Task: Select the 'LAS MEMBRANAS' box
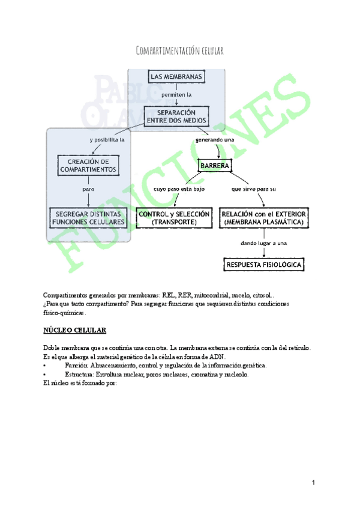[x=177, y=77]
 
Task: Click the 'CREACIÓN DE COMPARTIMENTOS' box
[x=88, y=165]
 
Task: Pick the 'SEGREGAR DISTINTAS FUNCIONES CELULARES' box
[x=89, y=217]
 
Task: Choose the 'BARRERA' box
[x=215, y=164]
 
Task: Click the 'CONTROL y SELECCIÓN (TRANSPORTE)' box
[x=175, y=217]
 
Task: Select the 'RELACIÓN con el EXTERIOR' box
[x=264, y=217]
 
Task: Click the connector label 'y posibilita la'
[x=106, y=140]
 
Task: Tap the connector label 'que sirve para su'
[x=253, y=189]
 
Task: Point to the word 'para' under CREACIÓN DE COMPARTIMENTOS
[x=88, y=189]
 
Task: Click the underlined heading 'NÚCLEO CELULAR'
[x=75, y=330]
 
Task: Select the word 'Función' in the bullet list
[x=76, y=365]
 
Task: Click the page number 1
[x=313, y=483]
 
